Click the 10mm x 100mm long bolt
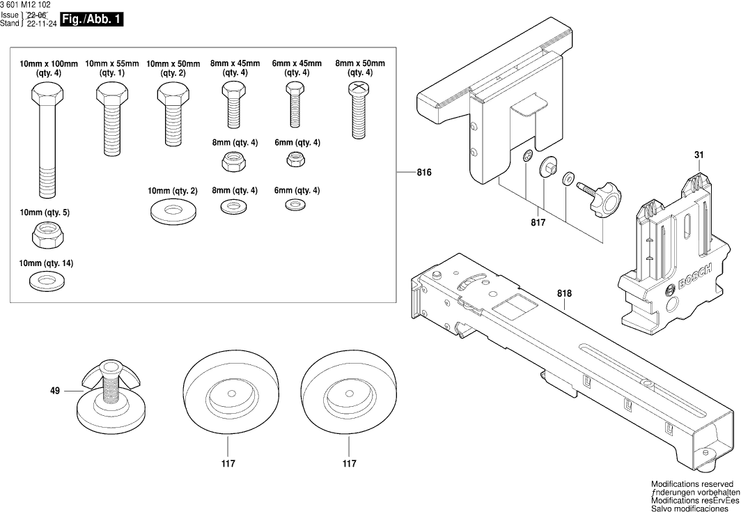coord(47,139)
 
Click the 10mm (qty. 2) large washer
coord(171,212)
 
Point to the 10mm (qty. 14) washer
coord(46,281)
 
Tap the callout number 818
coord(564,293)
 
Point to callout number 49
coord(55,391)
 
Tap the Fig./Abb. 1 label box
coord(92,20)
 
